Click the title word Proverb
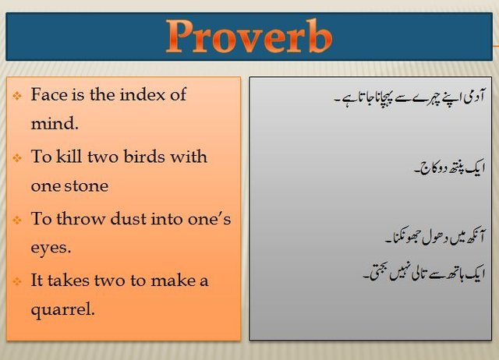[249, 37]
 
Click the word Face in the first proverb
[48, 95]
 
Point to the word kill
[69, 157]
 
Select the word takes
[73, 281]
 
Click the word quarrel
[62, 309]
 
